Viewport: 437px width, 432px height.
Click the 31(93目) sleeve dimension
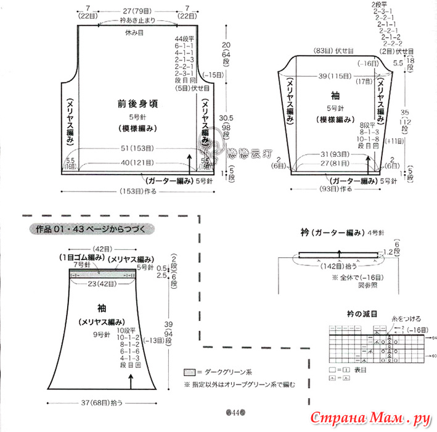333,154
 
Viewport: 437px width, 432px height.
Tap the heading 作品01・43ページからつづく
91,229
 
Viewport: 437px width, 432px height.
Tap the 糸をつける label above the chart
407,319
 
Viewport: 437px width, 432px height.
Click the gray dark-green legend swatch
190,372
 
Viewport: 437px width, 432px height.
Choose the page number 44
235,412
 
